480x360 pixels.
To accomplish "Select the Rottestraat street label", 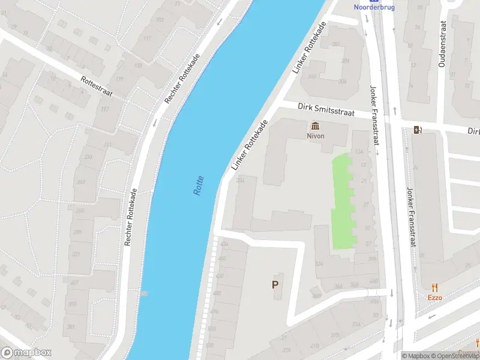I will [95, 86].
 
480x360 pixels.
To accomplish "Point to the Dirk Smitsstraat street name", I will [326, 109].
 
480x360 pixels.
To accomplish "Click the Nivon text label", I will [316, 136].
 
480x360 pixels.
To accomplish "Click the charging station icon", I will [418, 130].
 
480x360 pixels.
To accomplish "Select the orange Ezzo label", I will [435, 298].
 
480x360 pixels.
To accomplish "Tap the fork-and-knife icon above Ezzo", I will [435, 287].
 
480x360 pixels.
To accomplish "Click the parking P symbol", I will [275, 285].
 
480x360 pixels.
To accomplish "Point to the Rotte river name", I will [199, 185].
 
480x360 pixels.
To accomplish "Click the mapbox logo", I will [26, 353].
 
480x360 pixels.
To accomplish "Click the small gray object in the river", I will [144, 293].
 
